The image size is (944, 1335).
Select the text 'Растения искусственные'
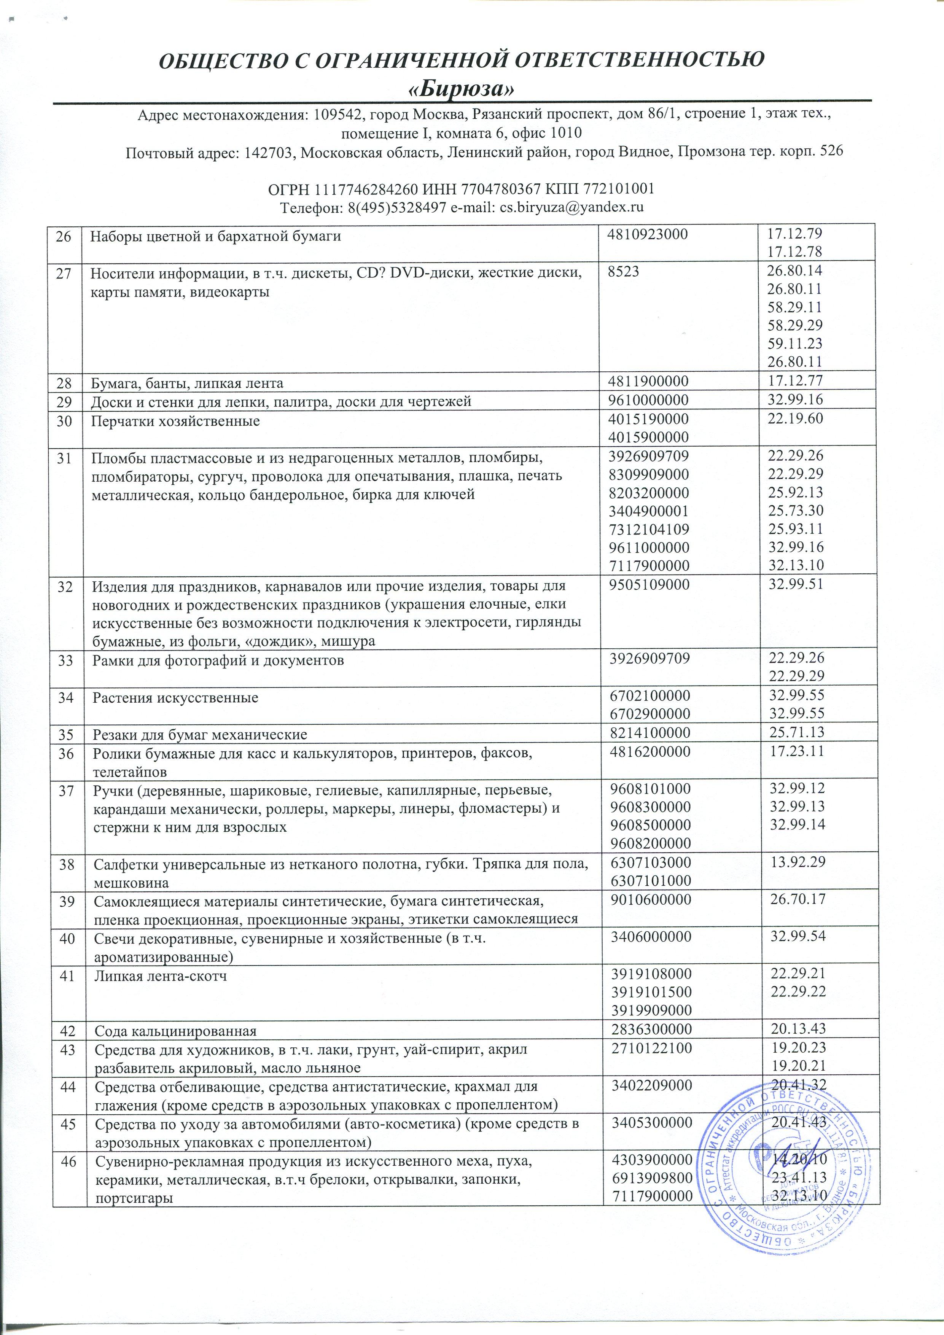176,697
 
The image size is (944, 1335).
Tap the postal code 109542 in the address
333,115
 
